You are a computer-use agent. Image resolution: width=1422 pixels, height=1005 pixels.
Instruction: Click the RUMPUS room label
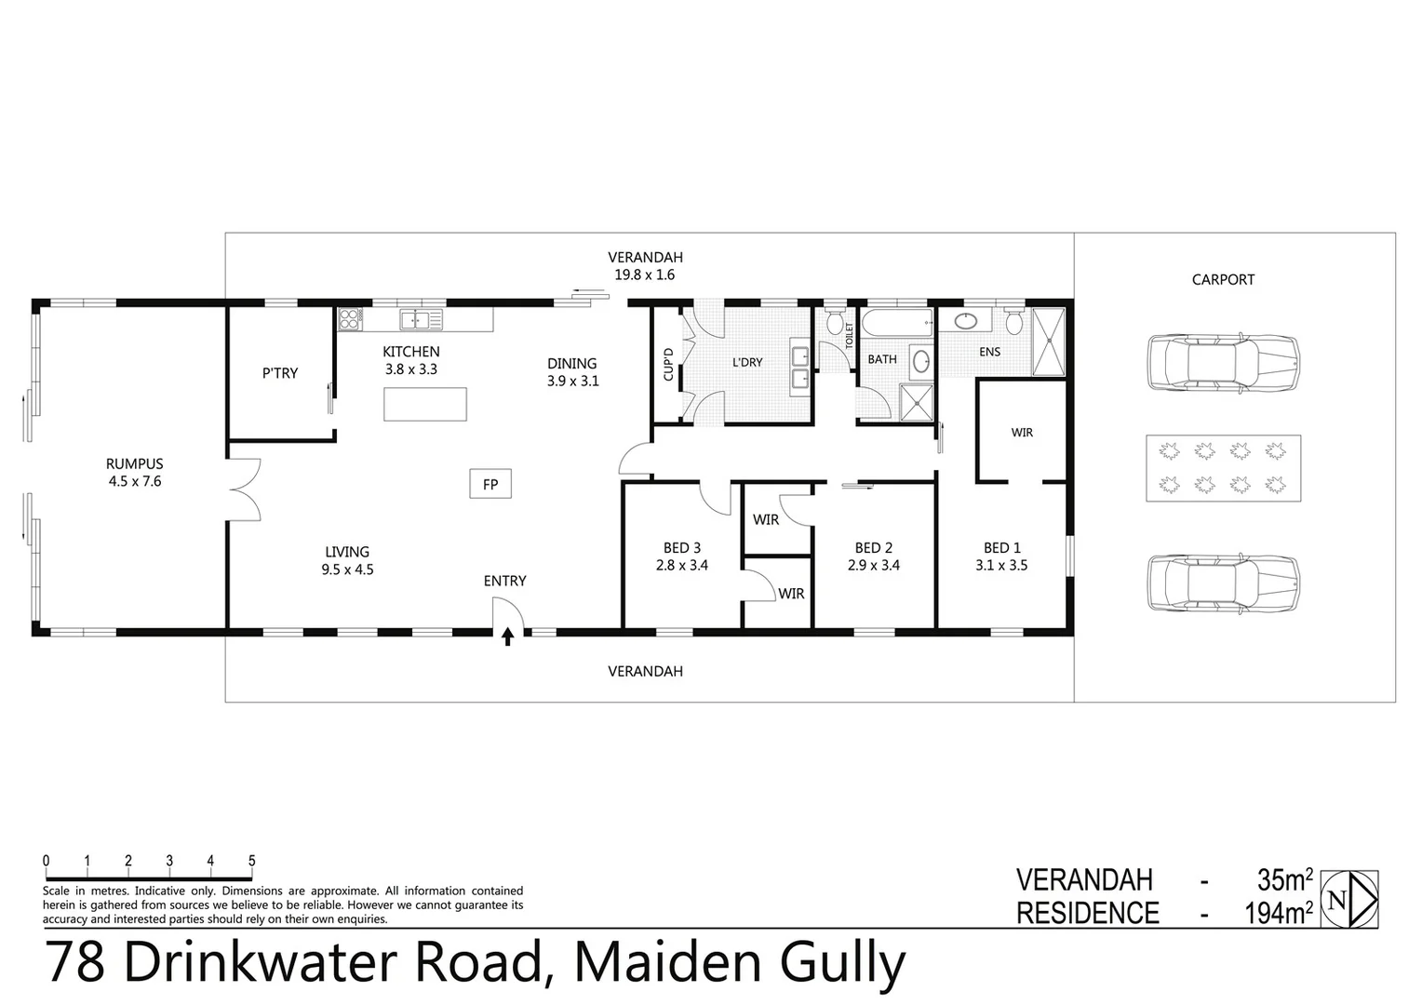pyautogui.click(x=134, y=463)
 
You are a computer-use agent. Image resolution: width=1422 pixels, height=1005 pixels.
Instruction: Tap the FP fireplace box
pyautogui.click(x=490, y=484)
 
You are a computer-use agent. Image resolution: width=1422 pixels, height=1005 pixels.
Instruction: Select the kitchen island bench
pyautogui.click(x=425, y=404)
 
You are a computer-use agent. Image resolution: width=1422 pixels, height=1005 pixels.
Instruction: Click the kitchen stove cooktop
pyautogui.click(x=350, y=319)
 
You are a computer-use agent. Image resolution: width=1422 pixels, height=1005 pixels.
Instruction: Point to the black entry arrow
pyautogui.click(x=507, y=636)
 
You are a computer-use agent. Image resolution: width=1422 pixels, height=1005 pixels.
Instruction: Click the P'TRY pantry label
pyautogui.click(x=279, y=373)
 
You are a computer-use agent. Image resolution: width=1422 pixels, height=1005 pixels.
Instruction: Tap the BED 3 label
pyautogui.click(x=681, y=548)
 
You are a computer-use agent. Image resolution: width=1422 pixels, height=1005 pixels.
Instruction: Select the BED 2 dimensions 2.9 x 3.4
pyautogui.click(x=873, y=565)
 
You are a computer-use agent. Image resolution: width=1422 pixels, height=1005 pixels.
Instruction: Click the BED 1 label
pyautogui.click(x=1001, y=548)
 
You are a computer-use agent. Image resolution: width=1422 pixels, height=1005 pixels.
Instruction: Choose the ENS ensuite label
pyautogui.click(x=989, y=352)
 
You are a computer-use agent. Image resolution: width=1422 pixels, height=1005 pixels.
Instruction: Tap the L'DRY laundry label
pyautogui.click(x=747, y=362)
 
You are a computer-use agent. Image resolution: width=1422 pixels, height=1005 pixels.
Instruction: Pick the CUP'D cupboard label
pyautogui.click(x=667, y=364)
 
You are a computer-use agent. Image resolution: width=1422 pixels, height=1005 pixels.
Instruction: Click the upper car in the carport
pyautogui.click(x=1222, y=362)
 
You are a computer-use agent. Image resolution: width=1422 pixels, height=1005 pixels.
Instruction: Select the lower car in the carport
pyautogui.click(x=1222, y=583)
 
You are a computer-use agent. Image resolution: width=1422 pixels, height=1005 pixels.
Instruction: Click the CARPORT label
pyautogui.click(x=1223, y=279)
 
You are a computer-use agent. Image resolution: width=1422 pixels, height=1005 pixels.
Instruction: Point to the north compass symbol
pyautogui.click(x=1348, y=899)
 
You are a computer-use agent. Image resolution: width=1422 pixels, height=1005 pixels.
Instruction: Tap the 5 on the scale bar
pyautogui.click(x=251, y=862)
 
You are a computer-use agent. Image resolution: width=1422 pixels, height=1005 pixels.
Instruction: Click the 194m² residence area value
pyautogui.click(x=1279, y=914)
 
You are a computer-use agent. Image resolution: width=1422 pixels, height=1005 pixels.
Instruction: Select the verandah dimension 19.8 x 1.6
pyautogui.click(x=644, y=275)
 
